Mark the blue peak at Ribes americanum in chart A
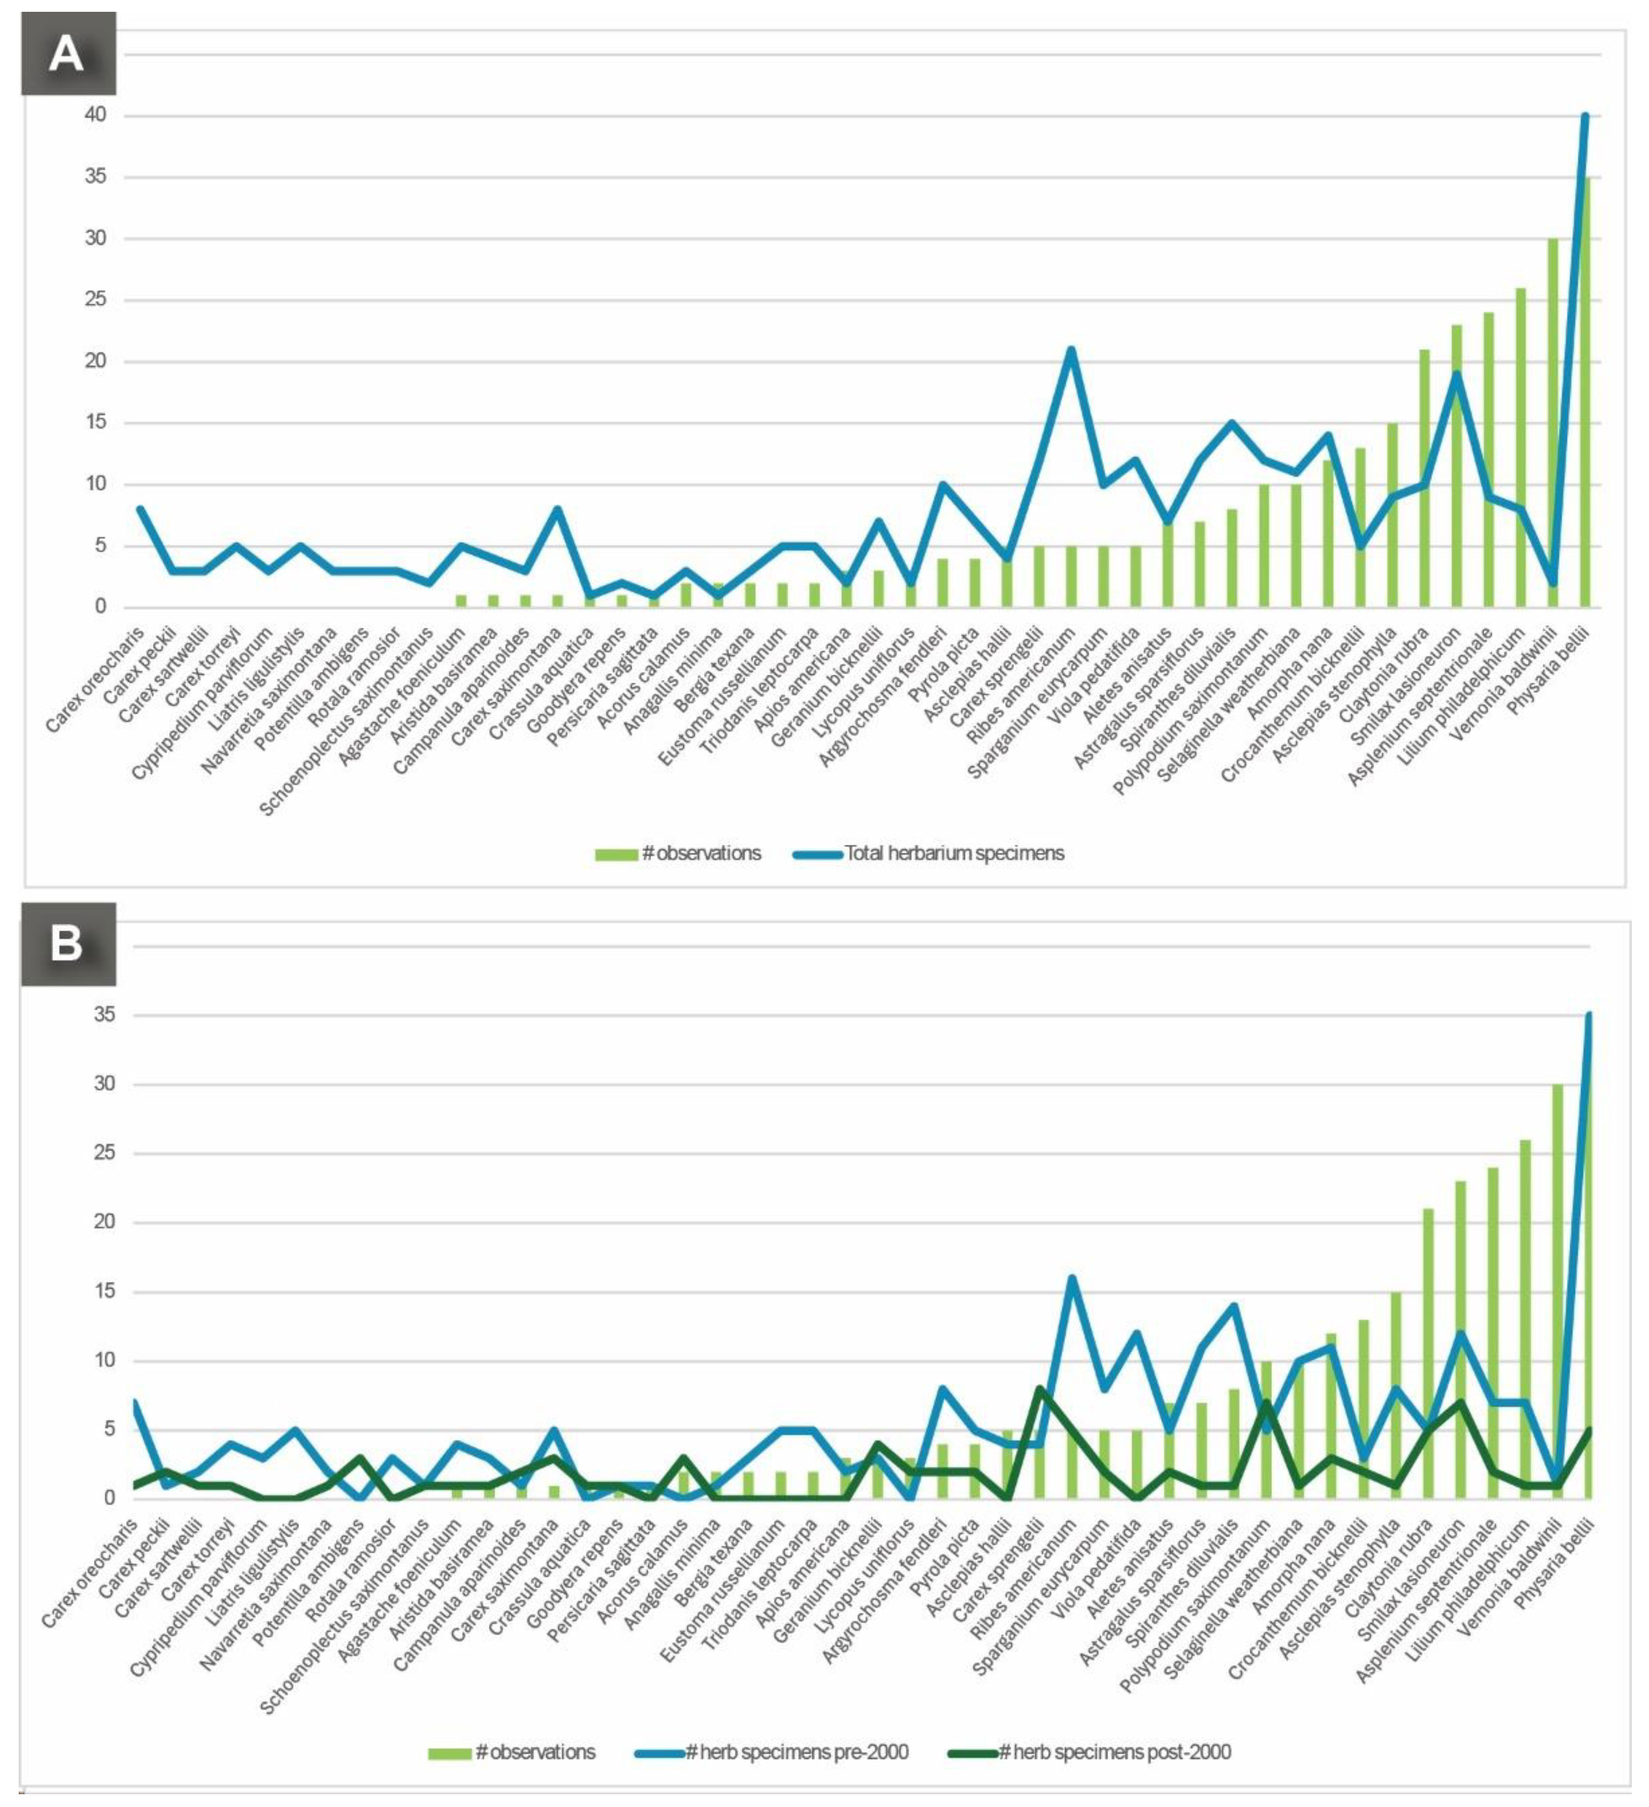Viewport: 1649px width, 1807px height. (x=1070, y=350)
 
